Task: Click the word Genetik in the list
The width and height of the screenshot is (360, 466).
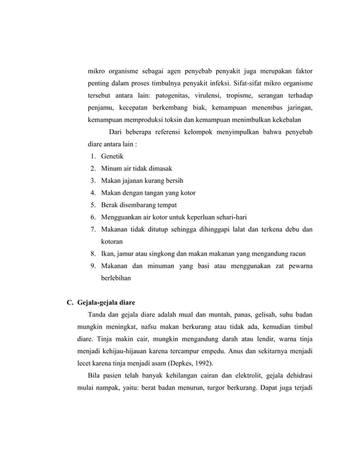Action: (x=112, y=156)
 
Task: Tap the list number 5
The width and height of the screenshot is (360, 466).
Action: (x=92, y=205)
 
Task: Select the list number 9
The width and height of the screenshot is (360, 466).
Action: (x=92, y=266)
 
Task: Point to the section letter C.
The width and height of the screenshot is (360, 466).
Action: (x=71, y=302)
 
